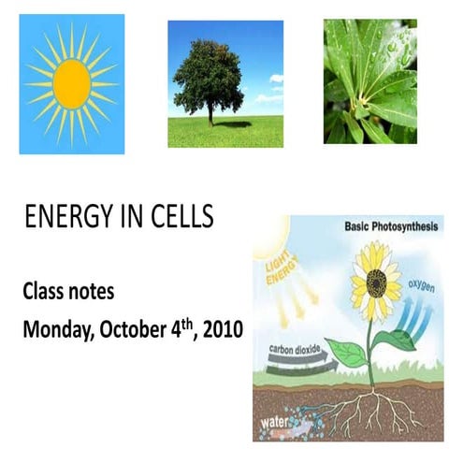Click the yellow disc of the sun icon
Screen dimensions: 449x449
[71, 84]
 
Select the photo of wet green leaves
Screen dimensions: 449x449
[369, 82]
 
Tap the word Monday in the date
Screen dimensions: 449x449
[54, 329]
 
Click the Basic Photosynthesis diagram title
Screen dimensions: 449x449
[391, 226]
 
